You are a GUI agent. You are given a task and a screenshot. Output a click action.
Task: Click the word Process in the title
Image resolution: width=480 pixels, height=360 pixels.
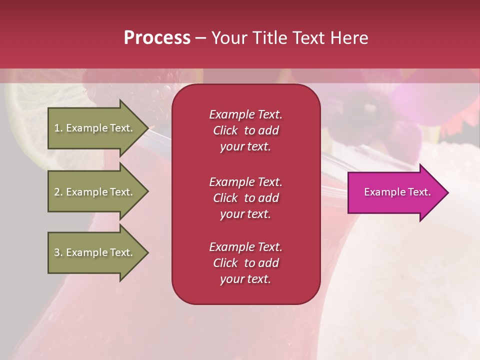pyautogui.click(x=157, y=38)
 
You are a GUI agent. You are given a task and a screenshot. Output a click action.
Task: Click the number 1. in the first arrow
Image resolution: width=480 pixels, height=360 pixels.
pyautogui.click(x=58, y=128)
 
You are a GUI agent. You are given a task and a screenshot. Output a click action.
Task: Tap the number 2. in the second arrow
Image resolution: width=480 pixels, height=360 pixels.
pyautogui.click(x=58, y=192)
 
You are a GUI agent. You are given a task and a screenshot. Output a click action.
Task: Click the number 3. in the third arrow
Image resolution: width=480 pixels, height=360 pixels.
pyautogui.click(x=58, y=252)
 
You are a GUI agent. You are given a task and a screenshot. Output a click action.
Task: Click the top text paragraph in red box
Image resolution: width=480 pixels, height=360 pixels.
pyautogui.click(x=245, y=130)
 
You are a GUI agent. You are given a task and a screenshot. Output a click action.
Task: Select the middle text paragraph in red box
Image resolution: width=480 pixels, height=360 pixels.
pyautogui.click(x=245, y=198)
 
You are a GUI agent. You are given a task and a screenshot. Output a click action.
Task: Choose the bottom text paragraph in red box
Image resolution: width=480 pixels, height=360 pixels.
pyautogui.click(x=245, y=263)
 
